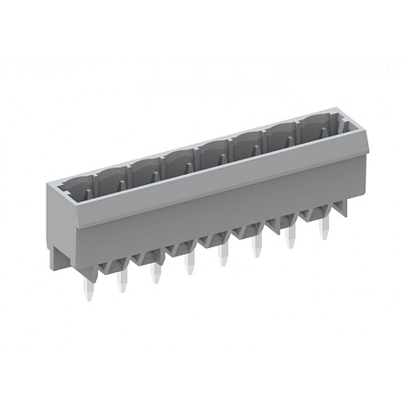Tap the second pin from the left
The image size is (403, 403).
(x=122, y=286)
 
